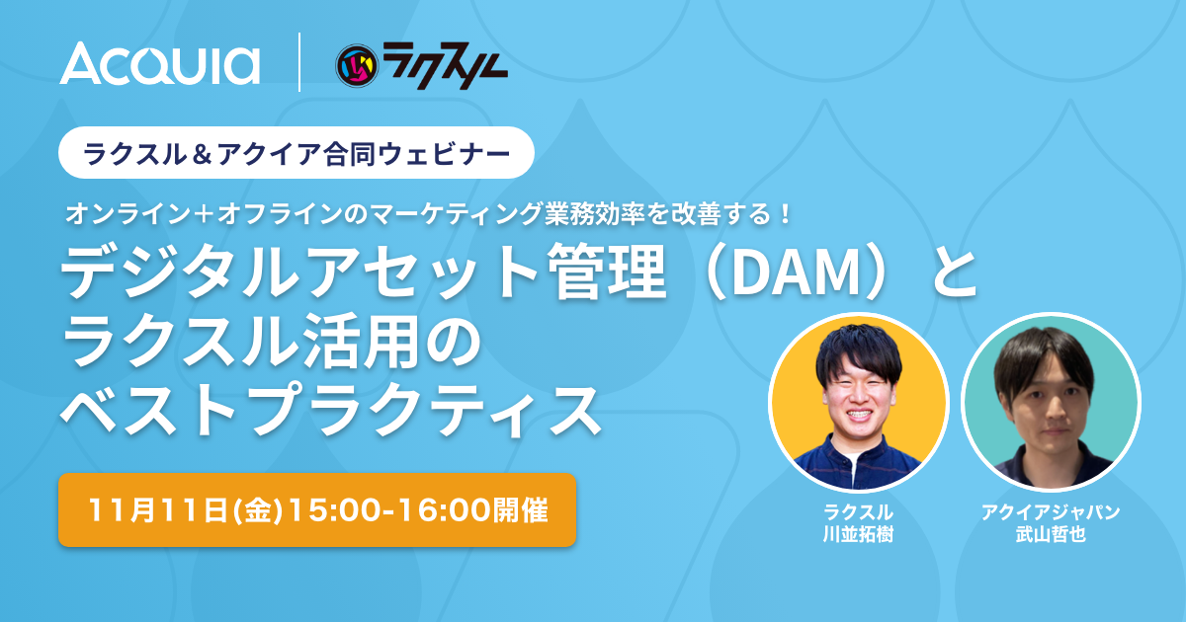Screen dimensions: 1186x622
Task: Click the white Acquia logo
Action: tap(159, 63)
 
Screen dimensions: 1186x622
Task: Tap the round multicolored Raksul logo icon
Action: tap(357, 65)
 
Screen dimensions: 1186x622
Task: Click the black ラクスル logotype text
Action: tap(446, 65)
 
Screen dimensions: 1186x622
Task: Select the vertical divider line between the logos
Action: tap(299, 62)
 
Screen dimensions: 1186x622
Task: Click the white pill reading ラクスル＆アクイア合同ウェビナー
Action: tap(296, 153)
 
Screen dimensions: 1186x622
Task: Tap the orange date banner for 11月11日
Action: tap(317, 509)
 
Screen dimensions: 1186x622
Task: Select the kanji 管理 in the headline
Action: tap(607, 274)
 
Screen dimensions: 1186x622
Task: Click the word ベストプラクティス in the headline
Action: tap(330, 411)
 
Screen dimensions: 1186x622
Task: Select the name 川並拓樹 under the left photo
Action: tap(858, 534)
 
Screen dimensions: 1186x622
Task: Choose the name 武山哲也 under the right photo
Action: tap(1051, 534)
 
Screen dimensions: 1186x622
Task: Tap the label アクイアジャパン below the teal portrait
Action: tap(1051, 512)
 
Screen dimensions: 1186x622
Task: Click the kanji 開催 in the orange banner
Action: tap(521, 511)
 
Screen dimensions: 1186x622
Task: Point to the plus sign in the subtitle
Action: tap(205, 214)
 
